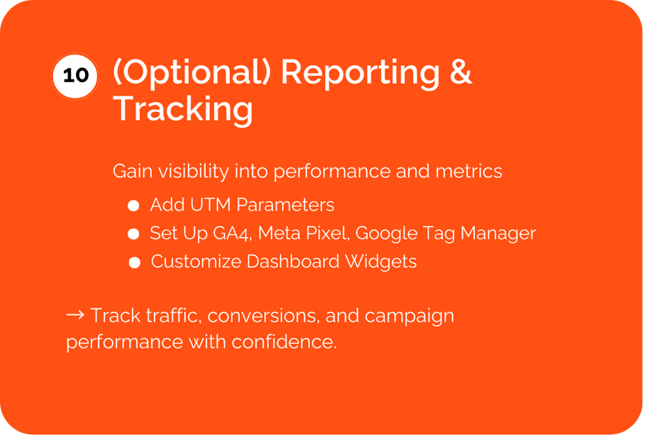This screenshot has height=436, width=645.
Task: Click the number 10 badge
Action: click(x=75, y=76)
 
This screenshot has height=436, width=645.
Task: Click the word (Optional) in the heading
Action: click(x=192, y=72)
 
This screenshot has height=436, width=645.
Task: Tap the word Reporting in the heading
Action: click(x=360, y=73)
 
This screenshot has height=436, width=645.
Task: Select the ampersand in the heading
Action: click(x=461, y=72)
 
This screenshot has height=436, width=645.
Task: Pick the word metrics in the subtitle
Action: click(x=468, y=171)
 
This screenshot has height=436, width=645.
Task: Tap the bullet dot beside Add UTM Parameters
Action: click(x=133, y=206)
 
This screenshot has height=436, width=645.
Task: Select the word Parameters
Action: click(x=285, y=205)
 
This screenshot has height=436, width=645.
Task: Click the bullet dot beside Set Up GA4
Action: click(x=133, y=234)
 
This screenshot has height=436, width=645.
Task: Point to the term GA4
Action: click(x=232, y=233)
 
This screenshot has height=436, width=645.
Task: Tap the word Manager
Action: click(x=498, y=233)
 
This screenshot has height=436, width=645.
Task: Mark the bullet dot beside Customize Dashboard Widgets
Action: click(x=135, y=262)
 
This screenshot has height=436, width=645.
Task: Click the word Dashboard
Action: click(x=293, y=262)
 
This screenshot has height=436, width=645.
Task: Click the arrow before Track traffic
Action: click(x=76, y=315)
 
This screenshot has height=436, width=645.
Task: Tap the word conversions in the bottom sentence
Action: click(x=263, y=315)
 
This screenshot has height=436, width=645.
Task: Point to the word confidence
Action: click(x=284, y=342)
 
